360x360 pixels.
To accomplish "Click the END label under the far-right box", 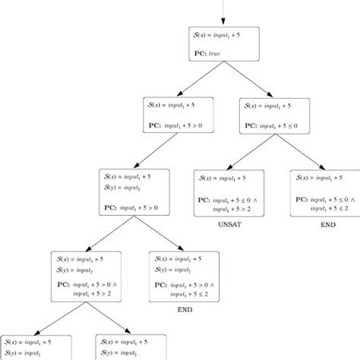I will [x=327, y=226].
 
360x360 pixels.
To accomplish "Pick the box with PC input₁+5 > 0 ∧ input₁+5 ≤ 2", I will [x=186, y=275].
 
